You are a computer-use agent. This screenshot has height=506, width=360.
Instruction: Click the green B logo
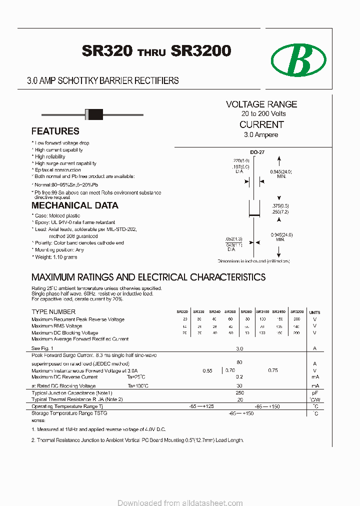[x=298, y=60]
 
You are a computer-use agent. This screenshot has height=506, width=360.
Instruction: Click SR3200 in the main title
[x=200, y=51]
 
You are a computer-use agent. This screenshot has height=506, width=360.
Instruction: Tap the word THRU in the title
[x=151, y=52]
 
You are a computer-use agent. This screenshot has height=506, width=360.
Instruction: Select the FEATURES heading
[x=55, y=131]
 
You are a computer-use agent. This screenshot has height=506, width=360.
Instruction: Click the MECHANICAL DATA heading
[x=75, y=205]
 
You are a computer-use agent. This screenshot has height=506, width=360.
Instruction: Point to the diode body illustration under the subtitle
[x=94, y=114]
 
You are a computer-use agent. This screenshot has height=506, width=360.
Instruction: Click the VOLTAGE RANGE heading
[x=261, y=104]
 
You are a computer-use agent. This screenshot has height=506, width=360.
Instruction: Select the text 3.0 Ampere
[x=261, y=135]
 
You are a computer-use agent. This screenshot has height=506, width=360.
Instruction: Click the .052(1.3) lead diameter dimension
[x=233, y=239]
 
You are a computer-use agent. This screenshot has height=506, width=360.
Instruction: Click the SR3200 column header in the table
[x=297, y=311]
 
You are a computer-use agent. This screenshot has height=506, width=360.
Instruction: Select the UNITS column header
[x=314, y=312]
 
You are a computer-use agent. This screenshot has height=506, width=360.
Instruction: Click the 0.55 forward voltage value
[x=207, y=370]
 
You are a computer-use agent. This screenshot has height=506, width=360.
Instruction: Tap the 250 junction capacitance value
[x=239, y=393]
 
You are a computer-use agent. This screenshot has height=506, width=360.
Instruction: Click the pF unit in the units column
[x=314, y=393]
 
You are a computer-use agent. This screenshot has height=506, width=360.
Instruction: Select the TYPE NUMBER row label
[x=53, y=312]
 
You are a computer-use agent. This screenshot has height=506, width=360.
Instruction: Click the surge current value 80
[x=239, y=362]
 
